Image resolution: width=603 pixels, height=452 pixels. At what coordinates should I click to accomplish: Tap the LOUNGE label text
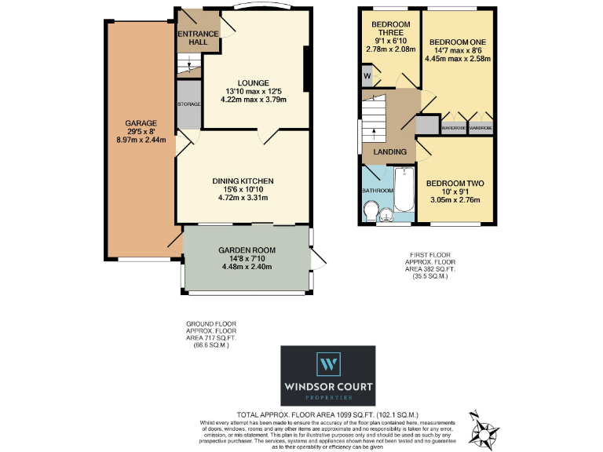(254, 82)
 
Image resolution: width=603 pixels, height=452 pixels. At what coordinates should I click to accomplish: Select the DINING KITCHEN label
(243, 181)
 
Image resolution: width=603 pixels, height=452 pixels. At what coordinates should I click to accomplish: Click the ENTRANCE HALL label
(192, 37)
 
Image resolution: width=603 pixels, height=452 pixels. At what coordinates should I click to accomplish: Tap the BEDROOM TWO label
(455, 184)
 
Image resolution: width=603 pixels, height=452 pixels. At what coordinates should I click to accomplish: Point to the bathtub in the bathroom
(404, 189)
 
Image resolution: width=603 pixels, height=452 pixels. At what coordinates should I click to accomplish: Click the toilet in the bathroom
(372, 211)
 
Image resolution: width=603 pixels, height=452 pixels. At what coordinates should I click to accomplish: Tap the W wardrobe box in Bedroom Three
(367, 76)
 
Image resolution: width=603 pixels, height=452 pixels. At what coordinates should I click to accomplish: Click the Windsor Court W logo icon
(327, 364)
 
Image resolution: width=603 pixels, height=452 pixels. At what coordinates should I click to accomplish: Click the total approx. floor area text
(327, 414)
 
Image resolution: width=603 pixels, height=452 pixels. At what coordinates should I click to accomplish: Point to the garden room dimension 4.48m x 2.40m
(245, 266)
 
